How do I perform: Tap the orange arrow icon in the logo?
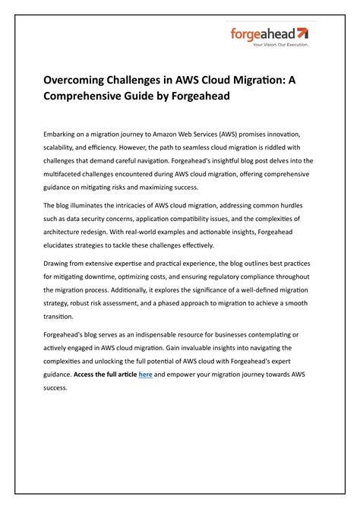click(x=302, y=33)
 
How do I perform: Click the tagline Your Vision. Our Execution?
click(x=280, y=45)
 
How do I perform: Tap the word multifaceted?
click(x=68, y=174)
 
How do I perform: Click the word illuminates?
click(x=90, y=206)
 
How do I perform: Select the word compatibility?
click(x=190, y=220)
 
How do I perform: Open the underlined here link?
click(x=145, y=375)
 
